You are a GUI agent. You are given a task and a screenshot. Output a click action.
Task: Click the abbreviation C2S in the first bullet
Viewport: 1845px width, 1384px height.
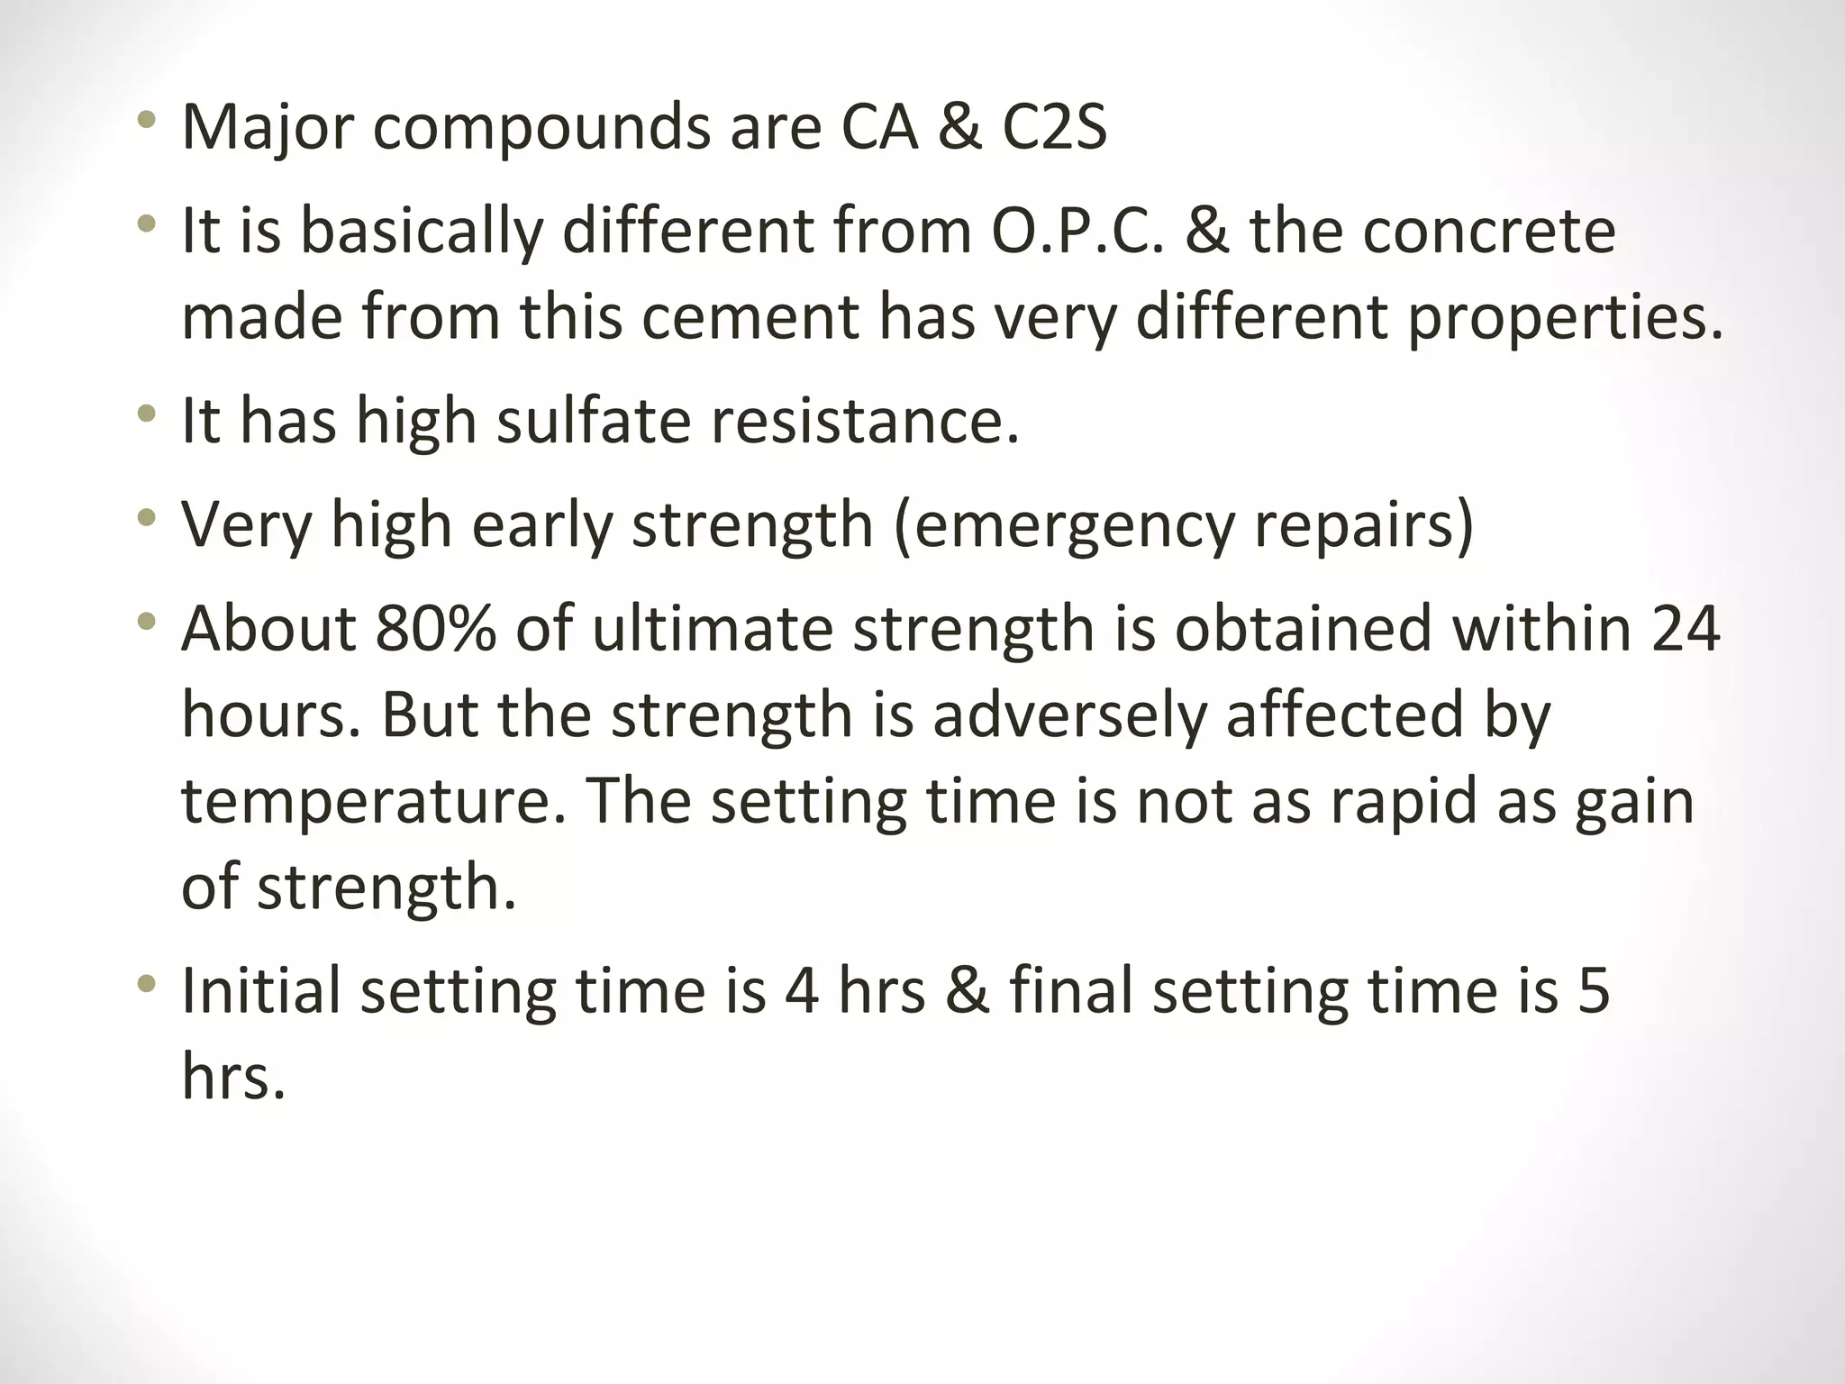(1054, 128)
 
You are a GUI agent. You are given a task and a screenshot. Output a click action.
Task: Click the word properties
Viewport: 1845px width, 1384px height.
(1565, 318)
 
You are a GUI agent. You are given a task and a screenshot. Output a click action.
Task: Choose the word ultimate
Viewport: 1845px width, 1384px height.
(713, 628)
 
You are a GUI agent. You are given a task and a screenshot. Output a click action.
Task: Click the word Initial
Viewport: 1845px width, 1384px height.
(261, 991)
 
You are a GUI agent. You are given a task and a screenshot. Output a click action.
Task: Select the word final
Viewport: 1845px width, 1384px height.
(1071, 991)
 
